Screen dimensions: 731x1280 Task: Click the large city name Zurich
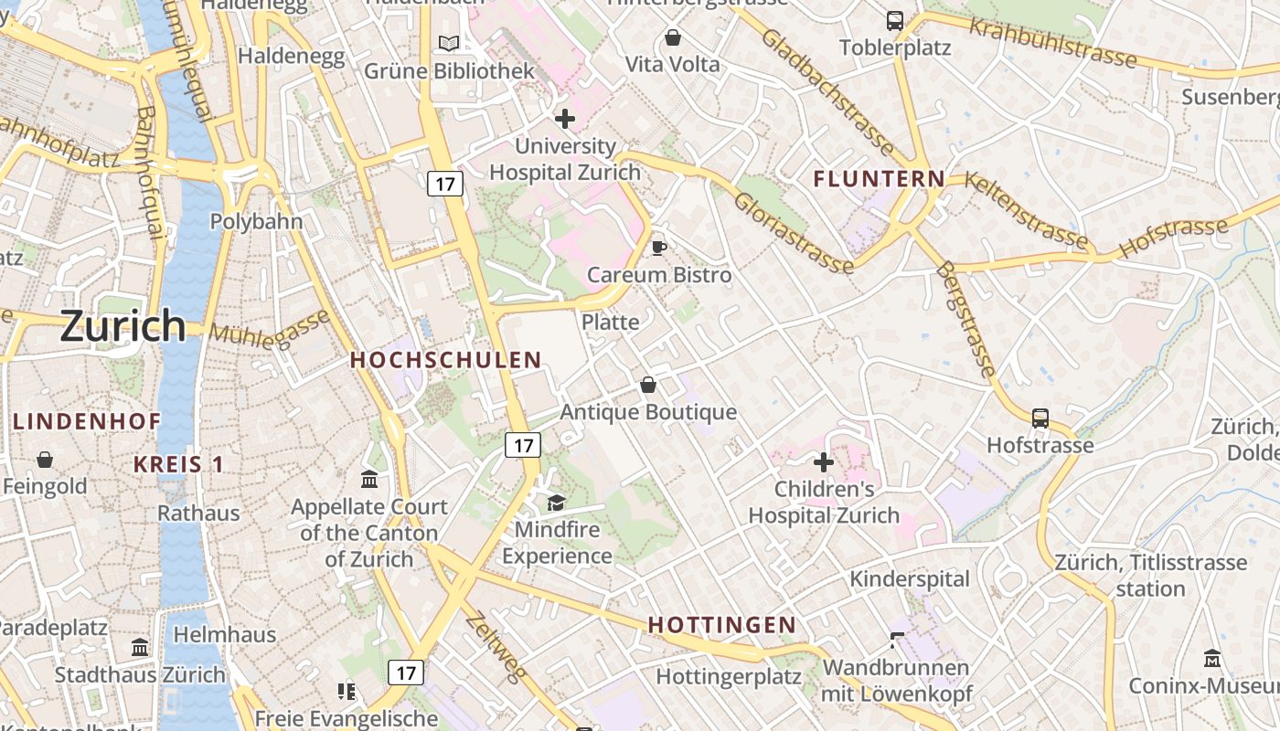tap(123, 325)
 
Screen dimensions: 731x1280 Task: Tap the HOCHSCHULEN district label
tap(446, 360)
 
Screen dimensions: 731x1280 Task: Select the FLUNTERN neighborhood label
tap(879, 179)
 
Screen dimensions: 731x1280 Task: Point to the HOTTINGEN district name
tap(722, 625)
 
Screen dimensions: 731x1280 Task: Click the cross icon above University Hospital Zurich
tap(565, 118)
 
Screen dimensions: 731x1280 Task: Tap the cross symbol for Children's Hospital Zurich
tap(824, 462)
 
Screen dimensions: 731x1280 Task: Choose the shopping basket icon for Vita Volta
tap(673, 37)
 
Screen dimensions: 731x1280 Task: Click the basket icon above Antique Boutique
tap(648, 385)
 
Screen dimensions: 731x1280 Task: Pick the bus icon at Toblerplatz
tap(895, 20)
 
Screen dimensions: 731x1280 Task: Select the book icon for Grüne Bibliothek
tap(449, 43)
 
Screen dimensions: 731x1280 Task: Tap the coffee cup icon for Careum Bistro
tap(658, 248)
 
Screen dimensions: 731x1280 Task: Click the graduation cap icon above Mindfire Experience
tap(556, 502)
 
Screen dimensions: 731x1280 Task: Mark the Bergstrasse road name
tap(966, 320)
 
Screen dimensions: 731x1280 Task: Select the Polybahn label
tap(256, 221)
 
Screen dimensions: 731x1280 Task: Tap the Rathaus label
tap(198, 513)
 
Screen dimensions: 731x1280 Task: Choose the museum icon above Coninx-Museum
tap(1212, 658)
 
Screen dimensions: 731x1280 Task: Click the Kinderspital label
tap(910, 578)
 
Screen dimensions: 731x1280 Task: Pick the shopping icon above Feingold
tap(44, 460)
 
